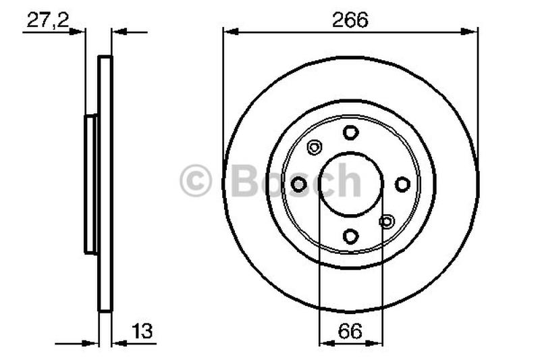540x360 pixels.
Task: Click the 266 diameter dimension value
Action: pos(350,20)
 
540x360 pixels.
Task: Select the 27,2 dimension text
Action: pos(48,20)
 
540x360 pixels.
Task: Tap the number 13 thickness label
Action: pos(142,331)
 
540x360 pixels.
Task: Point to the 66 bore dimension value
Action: pos(350,331)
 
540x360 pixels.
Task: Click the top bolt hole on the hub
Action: pos(350,132)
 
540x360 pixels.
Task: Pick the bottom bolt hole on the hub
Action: pos(350,236)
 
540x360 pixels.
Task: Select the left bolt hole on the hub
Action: pos(298,184)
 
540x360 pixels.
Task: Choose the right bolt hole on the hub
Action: pos(402,184)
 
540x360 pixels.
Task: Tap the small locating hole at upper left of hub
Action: pos(314,148)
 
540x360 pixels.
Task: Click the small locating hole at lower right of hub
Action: pos(387,221)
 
